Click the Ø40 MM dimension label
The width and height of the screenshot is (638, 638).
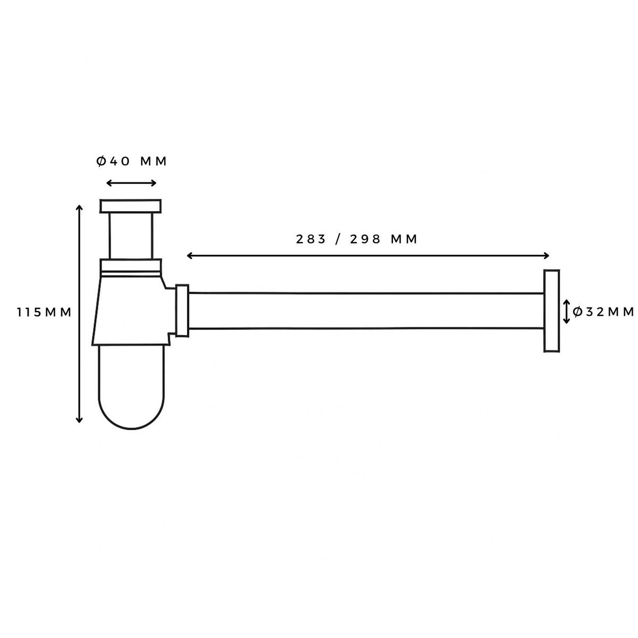pyautogui.click(x=132, y=161)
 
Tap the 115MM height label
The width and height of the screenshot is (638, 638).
pyautogui.click(x=44, y=312)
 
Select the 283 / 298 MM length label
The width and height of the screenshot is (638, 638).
pyautogui.click(x=357, y=239)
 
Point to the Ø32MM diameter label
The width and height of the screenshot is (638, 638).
pyautogui.click(x=604, y=312)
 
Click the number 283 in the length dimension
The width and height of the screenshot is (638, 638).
pyautogui.click(x=311, y=239)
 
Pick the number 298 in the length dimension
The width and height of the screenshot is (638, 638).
pyautogui.click(x=366, y=239)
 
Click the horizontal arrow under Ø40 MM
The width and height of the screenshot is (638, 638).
pyautogui.click(x=131, y=183)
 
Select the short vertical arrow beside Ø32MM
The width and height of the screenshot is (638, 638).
pyautogui.click(x=567, y=312)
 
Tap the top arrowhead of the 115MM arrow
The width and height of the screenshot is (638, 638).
pyautogui.click(x=80, y=207)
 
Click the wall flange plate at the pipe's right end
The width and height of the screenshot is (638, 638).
pyautogui.click(x=551, y=311)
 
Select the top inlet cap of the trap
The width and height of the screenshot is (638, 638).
pyautogui.click(x=130, y=206)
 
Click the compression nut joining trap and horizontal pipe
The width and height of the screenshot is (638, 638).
pyautogui.click(x=182, y=311)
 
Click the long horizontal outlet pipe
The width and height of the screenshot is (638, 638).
pyautogui.click(x=367, y=311)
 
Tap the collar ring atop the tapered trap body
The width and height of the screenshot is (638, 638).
pyautogui.click(x=130, y=265)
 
